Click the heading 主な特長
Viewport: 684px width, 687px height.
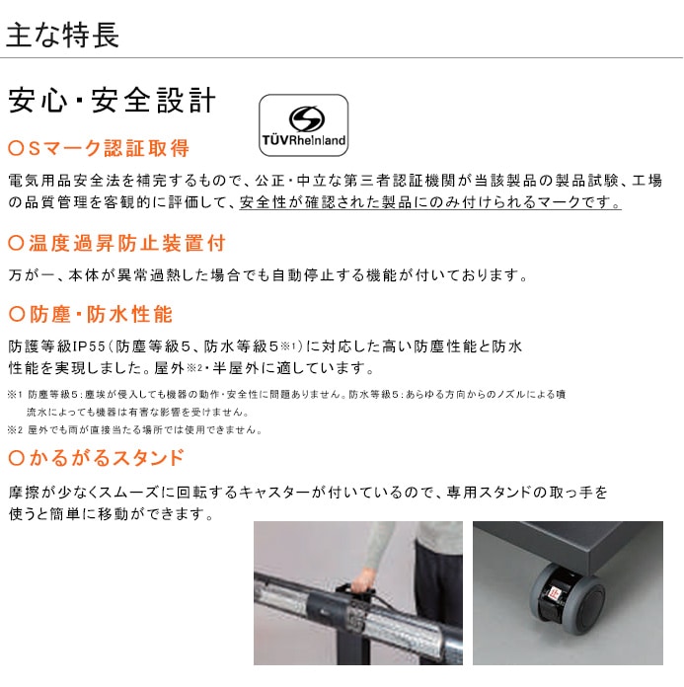pyautogui.click(x=62, y=36)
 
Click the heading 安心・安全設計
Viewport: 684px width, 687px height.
pyautogui.click(x=113, y=101)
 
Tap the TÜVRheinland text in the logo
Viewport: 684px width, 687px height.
pyautogui.click(x=304, y=140)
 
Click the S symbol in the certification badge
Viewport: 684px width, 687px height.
pyautogui.click(x=307, y=118)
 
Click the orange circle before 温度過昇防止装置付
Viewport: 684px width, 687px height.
pyautogui.click(x=16, y=243)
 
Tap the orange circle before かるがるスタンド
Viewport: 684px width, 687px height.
pyautogui.click(x=16, y=458)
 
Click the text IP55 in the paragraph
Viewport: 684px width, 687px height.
pyautogui.click(x=89, y=346)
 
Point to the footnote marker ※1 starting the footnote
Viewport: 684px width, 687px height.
pyautogui.click(x=15, y=394)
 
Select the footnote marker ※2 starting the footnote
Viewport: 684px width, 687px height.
pyautogui.click(x=15, y=429)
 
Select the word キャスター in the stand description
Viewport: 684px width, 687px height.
pyautogui.click(x=274, y=493)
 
